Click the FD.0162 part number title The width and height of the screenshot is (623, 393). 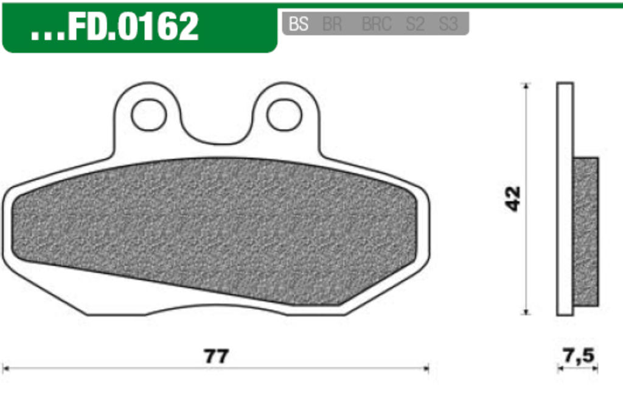coord(133,27)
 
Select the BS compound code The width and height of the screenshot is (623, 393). coord(298,24)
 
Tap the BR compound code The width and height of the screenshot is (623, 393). coord(332,24)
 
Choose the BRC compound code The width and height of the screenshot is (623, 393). coord(377,24)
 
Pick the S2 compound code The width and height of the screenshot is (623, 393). coord(415,24)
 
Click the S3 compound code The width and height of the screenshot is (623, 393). coord(448,24)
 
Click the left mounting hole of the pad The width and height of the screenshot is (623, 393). coord(149,115)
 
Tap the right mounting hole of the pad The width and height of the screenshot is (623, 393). coord(284,115)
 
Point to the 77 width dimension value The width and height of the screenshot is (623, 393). coord(216,356)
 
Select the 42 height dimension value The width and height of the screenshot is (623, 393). coord(513,199)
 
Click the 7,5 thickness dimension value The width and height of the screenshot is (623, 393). coord(577,355)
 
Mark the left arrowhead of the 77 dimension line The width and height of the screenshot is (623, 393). coord(6,368)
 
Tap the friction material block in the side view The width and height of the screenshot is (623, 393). coord(586,232)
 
